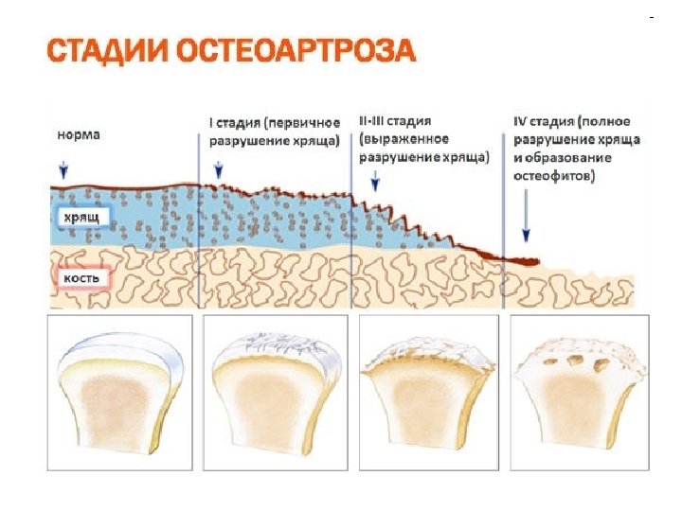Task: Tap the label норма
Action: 77,134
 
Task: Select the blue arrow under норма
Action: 63,170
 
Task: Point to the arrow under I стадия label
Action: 219,170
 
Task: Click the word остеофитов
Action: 554,177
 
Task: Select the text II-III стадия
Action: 395,122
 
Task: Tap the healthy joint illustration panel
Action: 120,393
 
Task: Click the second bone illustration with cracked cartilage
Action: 276,393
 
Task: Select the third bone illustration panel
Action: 430,393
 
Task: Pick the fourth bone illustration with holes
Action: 580,393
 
